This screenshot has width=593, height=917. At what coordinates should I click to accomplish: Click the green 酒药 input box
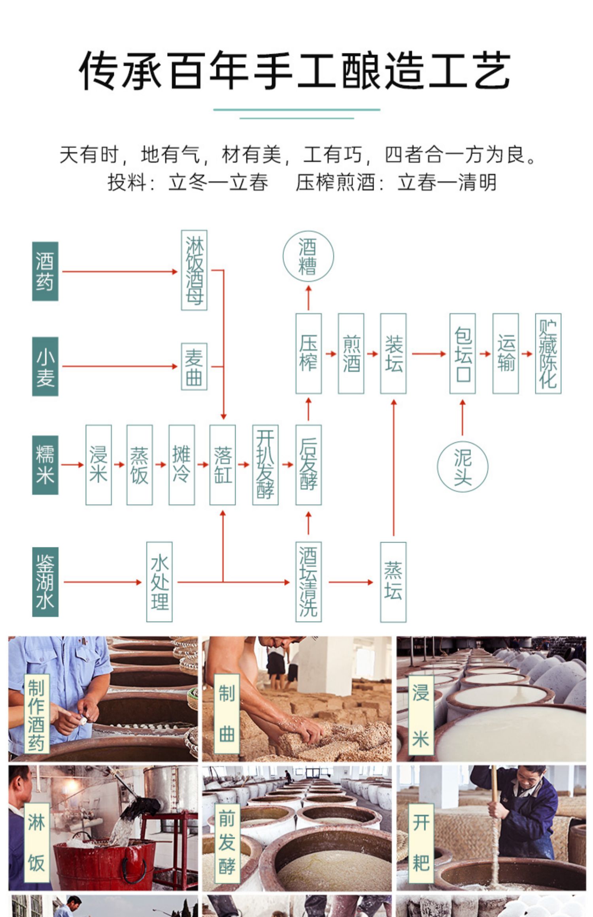[45, 271]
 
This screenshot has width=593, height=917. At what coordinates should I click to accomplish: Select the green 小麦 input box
[45, 366]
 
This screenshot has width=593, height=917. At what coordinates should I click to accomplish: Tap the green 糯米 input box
[45, 465]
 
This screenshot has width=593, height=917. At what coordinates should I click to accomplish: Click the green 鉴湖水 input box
[45, 582]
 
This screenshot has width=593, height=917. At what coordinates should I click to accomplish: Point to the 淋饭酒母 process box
[194, 270]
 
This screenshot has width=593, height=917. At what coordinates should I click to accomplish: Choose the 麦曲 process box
[194, 366]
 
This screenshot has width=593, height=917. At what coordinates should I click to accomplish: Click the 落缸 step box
[223, 465]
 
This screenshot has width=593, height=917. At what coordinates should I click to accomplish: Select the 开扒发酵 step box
[265, 465]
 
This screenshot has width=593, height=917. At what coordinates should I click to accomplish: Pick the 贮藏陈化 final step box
[548, 353]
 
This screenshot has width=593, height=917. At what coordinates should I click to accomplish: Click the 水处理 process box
[159, 582]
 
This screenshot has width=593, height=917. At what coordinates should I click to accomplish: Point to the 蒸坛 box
[393, 582]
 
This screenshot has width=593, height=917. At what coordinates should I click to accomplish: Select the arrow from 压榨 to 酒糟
[308, 298]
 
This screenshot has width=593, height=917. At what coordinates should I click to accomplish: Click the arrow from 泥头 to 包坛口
[463, 418]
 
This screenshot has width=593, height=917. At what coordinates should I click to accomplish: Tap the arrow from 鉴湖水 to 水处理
[103, 582]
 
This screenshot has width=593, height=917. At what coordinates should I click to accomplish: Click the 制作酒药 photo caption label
[36, 713]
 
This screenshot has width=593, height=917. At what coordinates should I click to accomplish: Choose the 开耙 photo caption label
[421, 843]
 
